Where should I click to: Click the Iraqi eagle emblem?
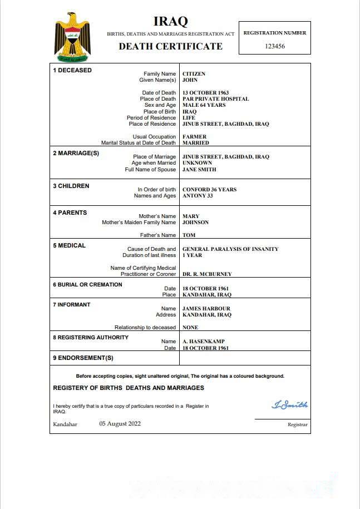point(72,38)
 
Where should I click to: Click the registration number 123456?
point(275,46)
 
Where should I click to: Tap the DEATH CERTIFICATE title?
point(170,46)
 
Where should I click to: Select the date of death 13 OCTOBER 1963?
point(205,93)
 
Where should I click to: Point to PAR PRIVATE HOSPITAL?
point(215,99)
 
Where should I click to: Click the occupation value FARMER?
point(194,137)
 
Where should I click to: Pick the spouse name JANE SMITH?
point(199,170)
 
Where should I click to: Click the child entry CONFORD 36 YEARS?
point(209,190)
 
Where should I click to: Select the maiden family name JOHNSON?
point(195,223)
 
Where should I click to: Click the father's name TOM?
point(189,235)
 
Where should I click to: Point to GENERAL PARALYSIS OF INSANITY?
point(230,249)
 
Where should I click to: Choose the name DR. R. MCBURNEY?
point(207,274)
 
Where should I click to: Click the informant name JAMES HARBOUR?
point(206,309)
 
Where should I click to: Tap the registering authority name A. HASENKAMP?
point(204,342)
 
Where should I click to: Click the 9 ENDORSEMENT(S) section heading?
point(83,358)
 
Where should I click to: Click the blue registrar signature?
point(289,405)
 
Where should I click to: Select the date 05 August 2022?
point(120,424)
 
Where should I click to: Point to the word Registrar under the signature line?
point(297,424)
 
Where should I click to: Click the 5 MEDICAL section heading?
point(69,245)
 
